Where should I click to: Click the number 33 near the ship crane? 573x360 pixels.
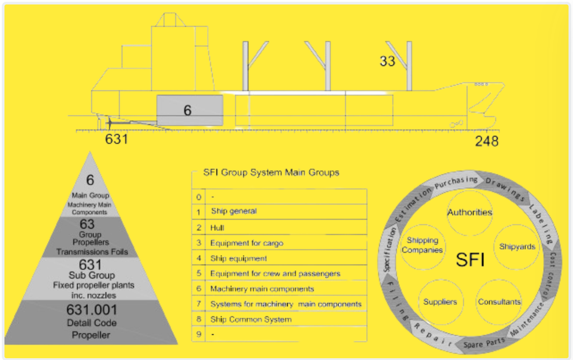(387, 61)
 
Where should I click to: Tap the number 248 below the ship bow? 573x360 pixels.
(486, 141)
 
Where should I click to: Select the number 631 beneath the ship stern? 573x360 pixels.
(116, 139)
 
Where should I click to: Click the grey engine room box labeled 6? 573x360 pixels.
(190, 110)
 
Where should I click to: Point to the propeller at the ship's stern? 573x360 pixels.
(109, 122)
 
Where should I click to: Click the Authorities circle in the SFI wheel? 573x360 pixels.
(469, 213)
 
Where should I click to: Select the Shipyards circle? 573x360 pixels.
(517, 247)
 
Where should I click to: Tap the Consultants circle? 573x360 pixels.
(499, 302)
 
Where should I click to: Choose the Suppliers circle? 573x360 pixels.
(440, 302)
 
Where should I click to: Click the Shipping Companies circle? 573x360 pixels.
(422, 246)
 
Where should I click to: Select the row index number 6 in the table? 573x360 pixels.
(198, 289)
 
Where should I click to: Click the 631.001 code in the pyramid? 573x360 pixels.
(91, 310)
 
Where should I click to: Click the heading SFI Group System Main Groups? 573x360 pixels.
(271, 172)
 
